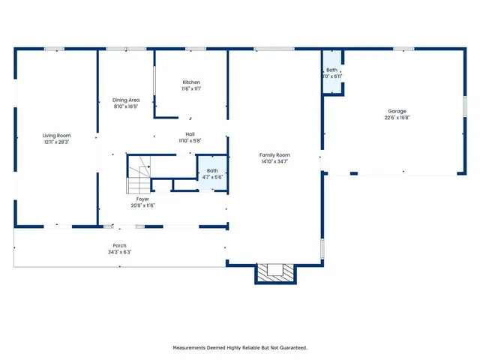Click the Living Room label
[55, 135]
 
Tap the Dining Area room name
[126, 100]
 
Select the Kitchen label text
[191, 82]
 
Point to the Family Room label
[275, 154]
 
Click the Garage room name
[397, 111]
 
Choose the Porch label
[120, 246]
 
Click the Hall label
[190, 135]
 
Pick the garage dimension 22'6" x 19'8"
[397, 117]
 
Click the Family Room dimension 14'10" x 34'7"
[275, 160]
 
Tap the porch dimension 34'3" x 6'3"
[120, 252]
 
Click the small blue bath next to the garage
[332, 73]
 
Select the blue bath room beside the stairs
[212, 173]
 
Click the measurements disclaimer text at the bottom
[240, 347]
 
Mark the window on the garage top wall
[403, 49]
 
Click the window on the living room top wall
[54, 49]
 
